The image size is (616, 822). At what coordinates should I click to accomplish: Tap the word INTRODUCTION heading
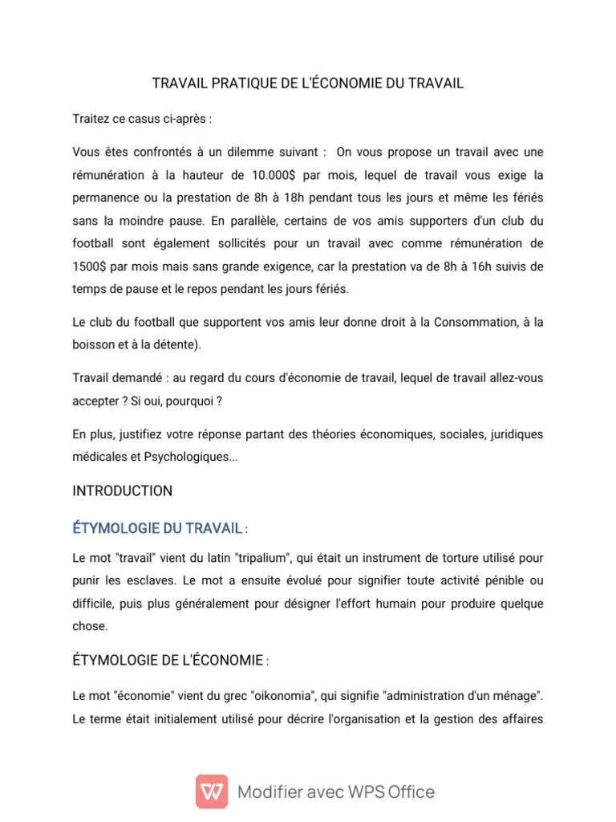click(x=122, y=490)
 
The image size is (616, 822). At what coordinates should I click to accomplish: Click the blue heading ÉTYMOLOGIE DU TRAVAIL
click(x=157, y=528)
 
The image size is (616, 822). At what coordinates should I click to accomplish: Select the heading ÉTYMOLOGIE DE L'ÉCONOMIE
click(x=168, y=661)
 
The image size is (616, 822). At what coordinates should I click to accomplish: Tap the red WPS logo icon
click(x=212, y=791)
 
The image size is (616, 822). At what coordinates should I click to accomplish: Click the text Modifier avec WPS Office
click(x=336, y=792)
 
